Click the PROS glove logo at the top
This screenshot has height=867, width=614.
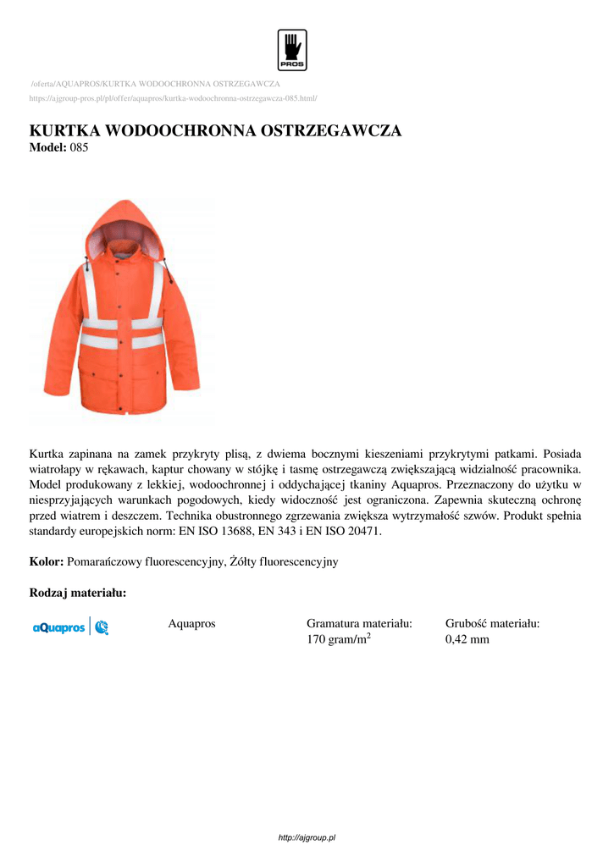(292, 50)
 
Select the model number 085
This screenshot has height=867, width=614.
(79, 147)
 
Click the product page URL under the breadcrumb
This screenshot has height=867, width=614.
(173, 98)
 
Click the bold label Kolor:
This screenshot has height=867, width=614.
(47, 561)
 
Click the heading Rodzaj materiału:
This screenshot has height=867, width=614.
(78, 593)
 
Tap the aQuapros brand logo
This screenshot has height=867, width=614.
(70, 627)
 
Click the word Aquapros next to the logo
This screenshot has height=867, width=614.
(191, 624)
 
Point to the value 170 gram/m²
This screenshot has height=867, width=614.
(339, 639)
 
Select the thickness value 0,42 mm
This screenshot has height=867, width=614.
(467, 639)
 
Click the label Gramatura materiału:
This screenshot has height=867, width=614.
(359, 624)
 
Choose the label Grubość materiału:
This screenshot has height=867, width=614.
(493, 624)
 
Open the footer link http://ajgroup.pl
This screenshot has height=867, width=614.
(307, 837)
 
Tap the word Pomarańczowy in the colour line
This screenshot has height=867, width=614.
(102, 561)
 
